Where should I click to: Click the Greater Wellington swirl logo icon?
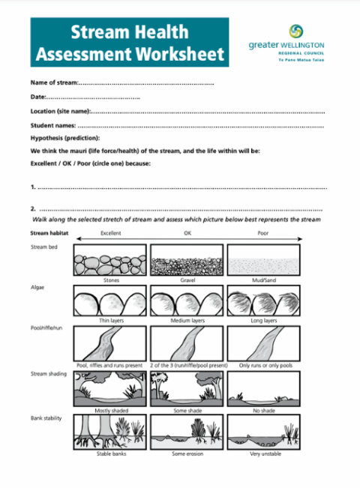(296, 31)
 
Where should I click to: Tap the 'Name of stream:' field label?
(54, 82)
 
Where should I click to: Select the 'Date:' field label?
(38, 97)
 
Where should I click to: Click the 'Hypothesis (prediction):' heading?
(65, 138)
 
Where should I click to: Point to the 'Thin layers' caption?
(110, 320)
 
